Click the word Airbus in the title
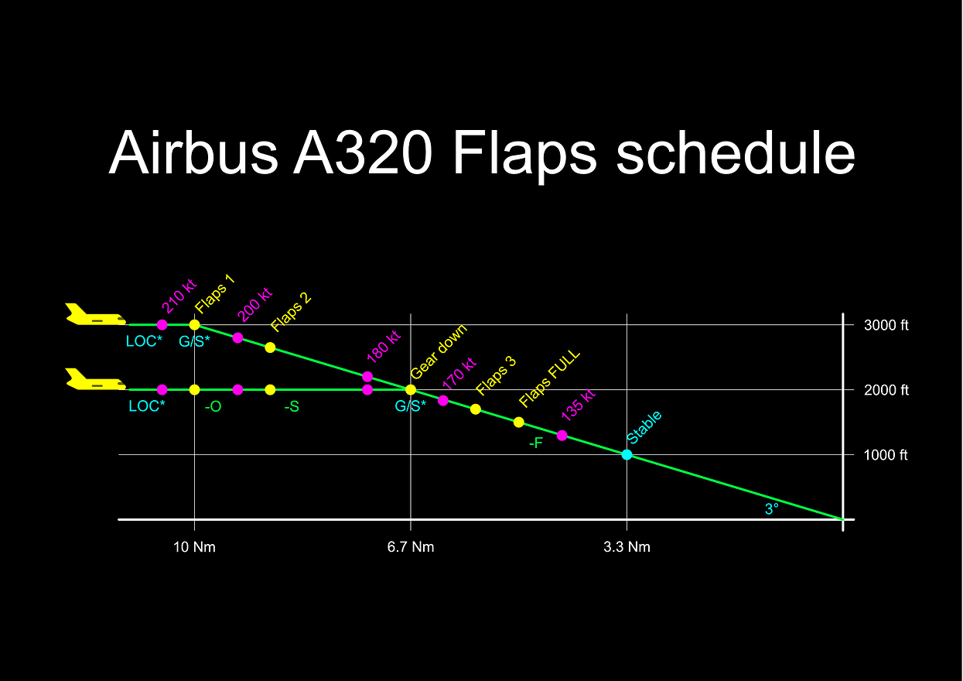tap(193, 152)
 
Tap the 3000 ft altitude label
tap(886, 325)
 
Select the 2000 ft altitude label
tap(886, 390)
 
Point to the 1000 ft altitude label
tap(885, 455)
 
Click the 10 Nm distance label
tap(194, 547)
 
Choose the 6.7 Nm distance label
tap(411, 547)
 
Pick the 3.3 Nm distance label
tap(627, 547)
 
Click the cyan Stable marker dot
tap(627, 454)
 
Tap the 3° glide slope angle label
tap(772, 509)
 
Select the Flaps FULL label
tap(549, 379)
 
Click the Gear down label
tap(439, 351)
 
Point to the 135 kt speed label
tap(579, 405)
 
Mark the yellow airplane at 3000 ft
tap(95, 314)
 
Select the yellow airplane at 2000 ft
tap(95, 379)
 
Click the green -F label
tap(536, 443)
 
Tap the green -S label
tap(292, 406)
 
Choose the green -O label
tap(213, 406)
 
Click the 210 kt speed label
tap(179, 296)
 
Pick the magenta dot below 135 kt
tap(562, 436)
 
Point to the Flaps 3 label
tap(496, 376)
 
